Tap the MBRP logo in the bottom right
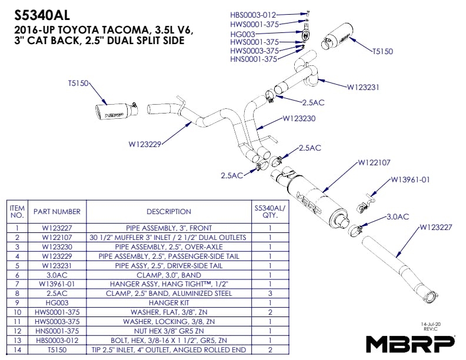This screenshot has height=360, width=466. point(411,343)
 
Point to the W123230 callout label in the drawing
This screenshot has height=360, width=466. point(299,118)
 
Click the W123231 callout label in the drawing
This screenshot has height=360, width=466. point(363,87)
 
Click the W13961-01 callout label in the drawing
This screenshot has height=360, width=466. point(411,179)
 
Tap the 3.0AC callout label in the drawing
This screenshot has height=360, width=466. point(397,216)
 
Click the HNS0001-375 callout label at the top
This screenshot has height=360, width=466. point(253,59)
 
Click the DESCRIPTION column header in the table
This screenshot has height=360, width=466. point(169,212)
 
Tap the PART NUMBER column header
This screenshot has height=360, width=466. point(56,212)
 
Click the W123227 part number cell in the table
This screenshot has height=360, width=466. point(56,228)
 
